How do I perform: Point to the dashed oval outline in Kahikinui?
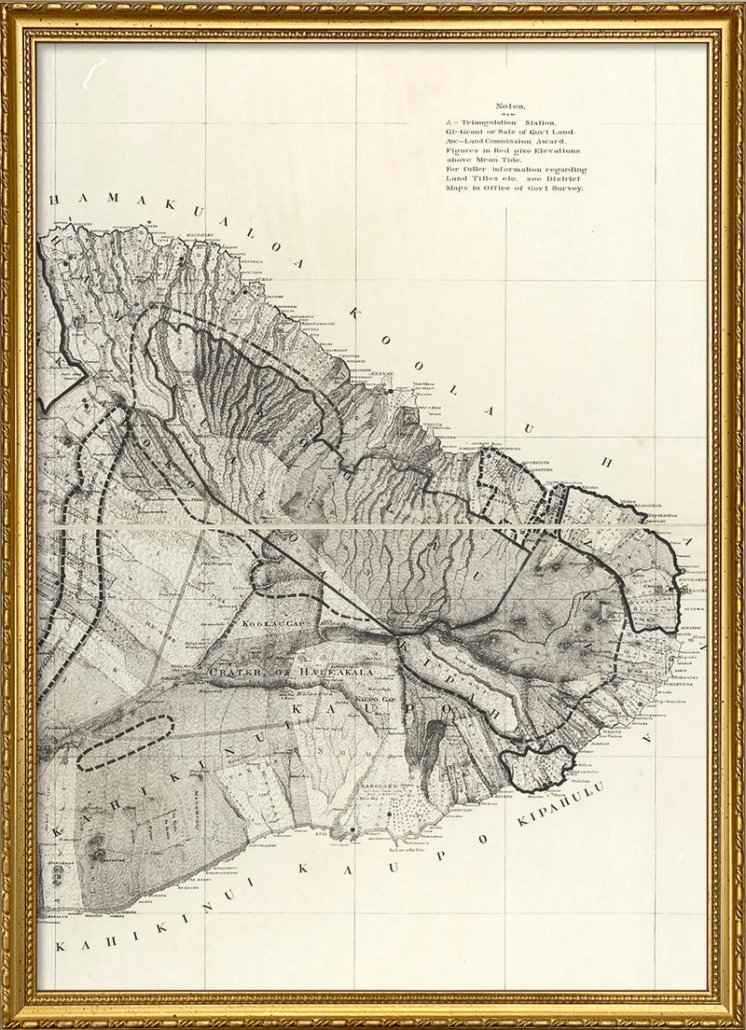tap(126, 743)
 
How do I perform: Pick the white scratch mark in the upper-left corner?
tap(92, 74)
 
